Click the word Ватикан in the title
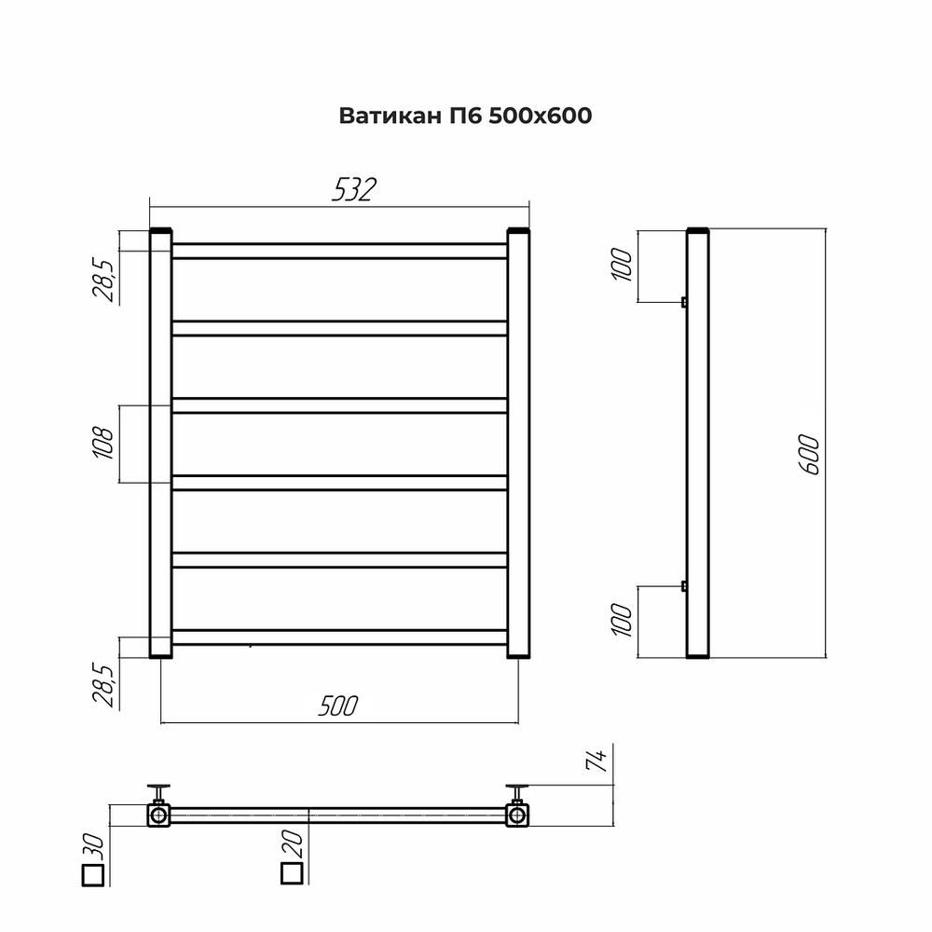pos(390,116)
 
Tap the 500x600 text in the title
pos(541,116)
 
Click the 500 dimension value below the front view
pos(338,706)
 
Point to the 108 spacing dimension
pos(103,443)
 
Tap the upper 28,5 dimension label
pos(103,281)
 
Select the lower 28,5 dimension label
pos(103,685)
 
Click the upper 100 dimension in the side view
pos(622,265)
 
